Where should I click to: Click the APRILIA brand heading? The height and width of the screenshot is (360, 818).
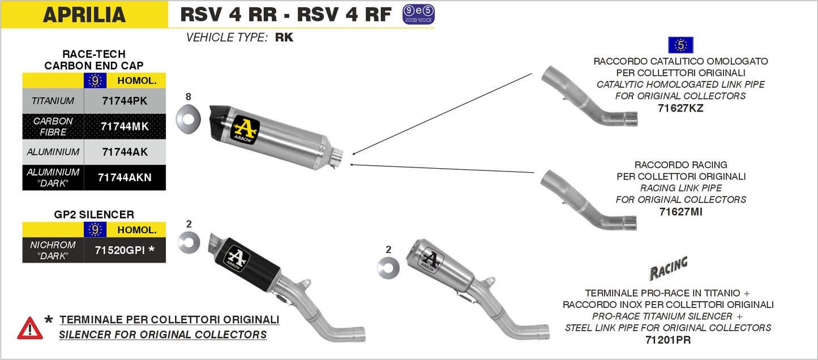coord(84,15)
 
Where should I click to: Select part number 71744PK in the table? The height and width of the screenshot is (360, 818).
coord(125,101)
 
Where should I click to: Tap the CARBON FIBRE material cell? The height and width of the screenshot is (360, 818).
coord(53,126)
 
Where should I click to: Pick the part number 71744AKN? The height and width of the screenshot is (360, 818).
coord(125,178)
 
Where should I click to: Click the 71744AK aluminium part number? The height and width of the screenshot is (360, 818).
coord(125,152)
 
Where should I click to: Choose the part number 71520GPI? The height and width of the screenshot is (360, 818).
coord(125,250)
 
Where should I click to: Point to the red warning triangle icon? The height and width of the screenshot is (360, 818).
coord(30,328)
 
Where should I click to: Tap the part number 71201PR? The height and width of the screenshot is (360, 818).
coord(668,340)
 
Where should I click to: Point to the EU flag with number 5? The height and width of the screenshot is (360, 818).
coord(680,45)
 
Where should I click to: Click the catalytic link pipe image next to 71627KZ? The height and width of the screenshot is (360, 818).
coord(589,96)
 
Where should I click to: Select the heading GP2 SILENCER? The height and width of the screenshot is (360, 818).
coord(93,215)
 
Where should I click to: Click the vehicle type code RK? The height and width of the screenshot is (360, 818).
coord(284,38)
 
